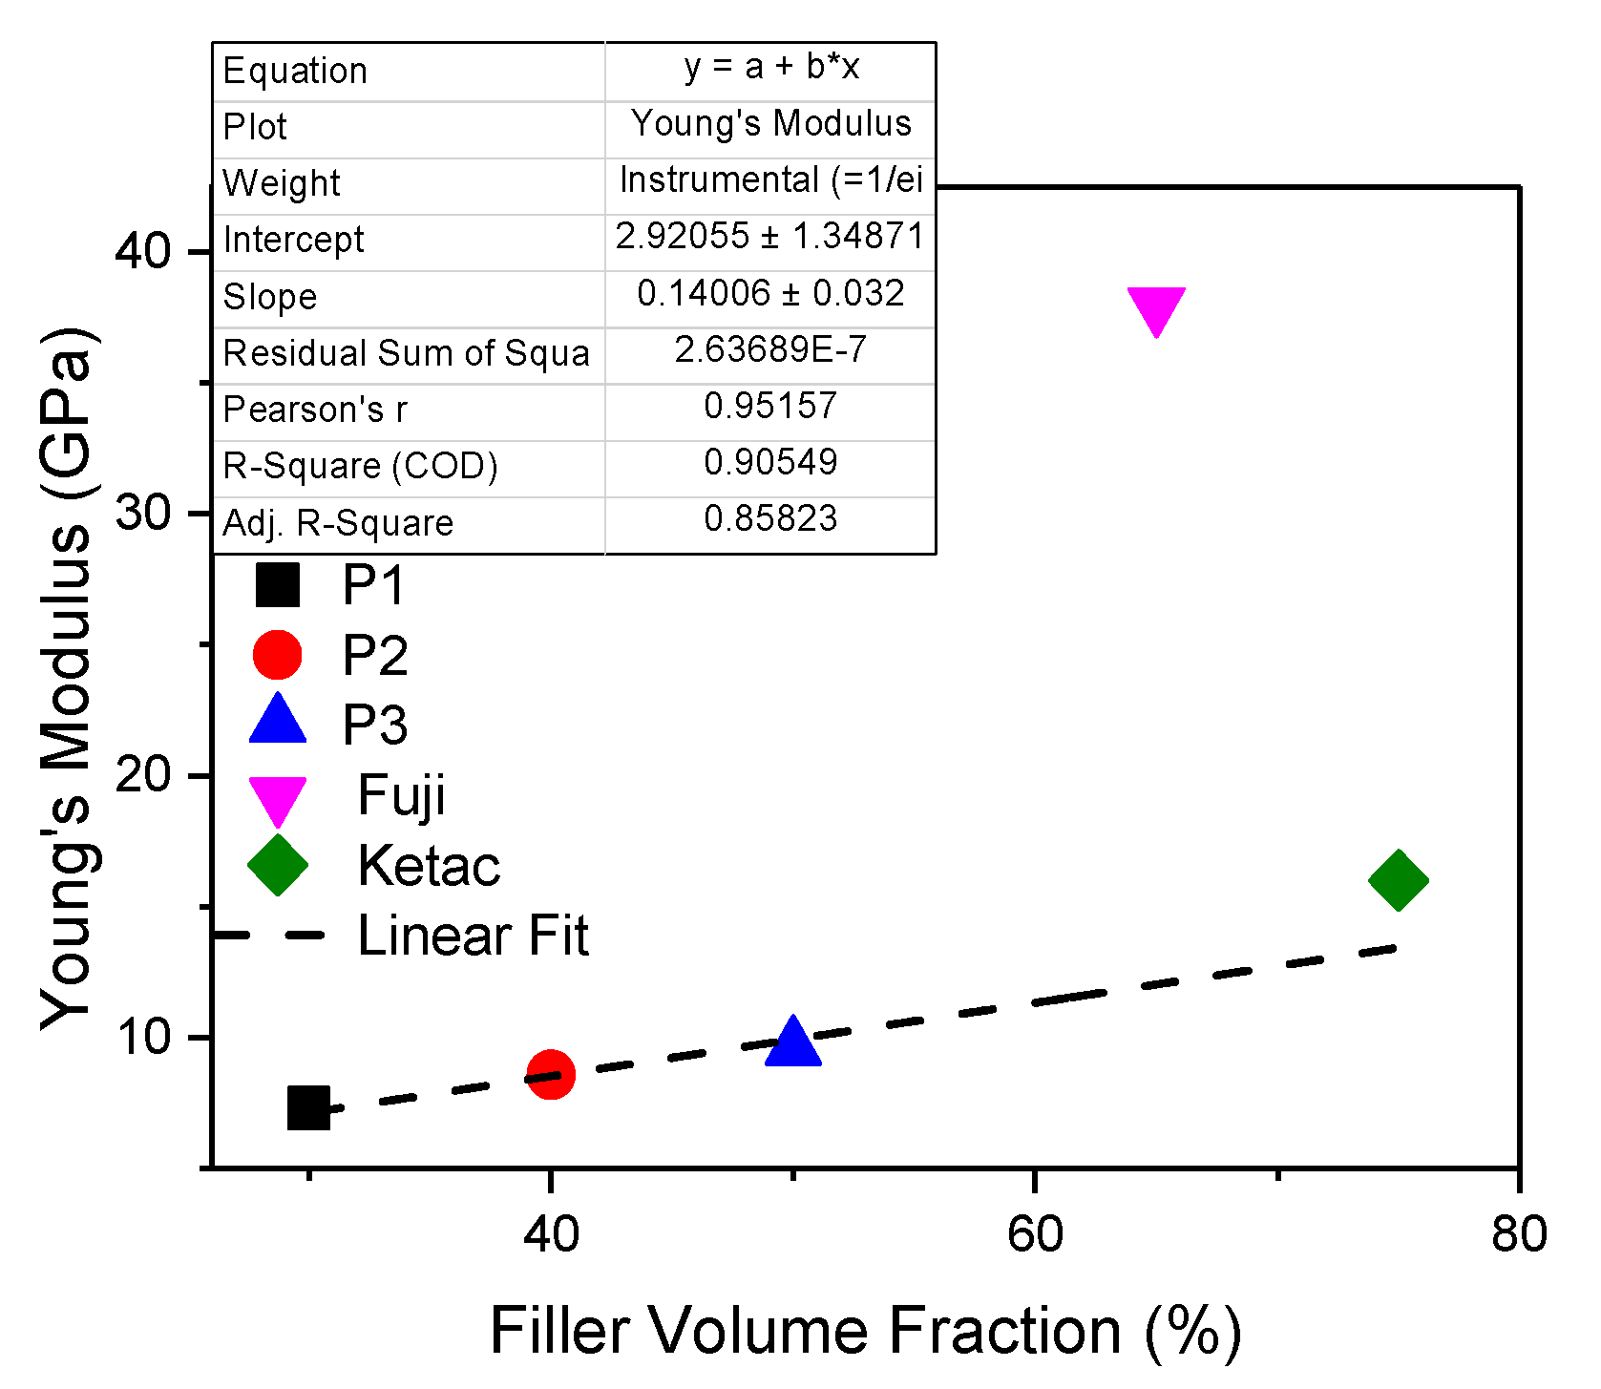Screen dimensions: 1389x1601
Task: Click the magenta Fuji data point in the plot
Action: pos(1156,308)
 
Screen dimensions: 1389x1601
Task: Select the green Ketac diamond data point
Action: pos(1398,880)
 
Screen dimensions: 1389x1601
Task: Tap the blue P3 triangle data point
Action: pos(792,1042)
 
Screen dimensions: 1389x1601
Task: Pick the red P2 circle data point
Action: pos(550,1075)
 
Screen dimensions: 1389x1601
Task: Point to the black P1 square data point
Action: pos(308,1107)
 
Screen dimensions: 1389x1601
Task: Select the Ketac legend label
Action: pos(428,866)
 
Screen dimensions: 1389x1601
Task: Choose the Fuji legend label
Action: pos(401,795)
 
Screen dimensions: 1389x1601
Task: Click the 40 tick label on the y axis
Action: pos(142,251)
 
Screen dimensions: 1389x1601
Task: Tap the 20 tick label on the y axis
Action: pos(142,774)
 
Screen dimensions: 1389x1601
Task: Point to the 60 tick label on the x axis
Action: pos(1034,1234)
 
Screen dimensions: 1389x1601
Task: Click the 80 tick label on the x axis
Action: pos(1518,1234)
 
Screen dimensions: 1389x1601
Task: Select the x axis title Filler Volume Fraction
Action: pos(865,1331)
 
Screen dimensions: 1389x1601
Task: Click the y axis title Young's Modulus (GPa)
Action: pos(67,678)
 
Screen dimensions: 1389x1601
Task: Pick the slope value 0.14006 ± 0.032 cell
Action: pos(770,294)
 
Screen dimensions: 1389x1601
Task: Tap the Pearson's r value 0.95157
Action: pos(770,407)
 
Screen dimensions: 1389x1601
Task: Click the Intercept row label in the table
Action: pos(293,240)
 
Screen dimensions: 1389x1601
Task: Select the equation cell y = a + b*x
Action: pos(770,67)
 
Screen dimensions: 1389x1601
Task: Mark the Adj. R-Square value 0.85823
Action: pos(770,519)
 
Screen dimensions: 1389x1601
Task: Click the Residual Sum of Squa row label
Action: pos(406,353)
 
